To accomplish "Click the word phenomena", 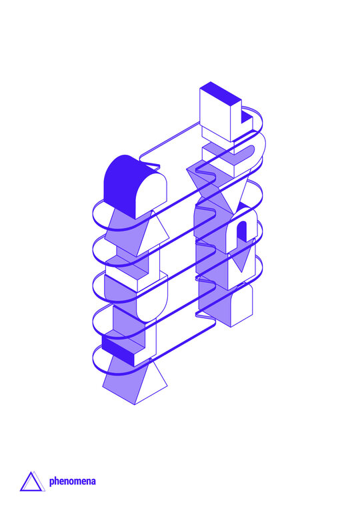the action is click(x=72, y=482).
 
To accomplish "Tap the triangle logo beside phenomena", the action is click(x=32, y=482).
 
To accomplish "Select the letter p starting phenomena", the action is click(x=51, y=482).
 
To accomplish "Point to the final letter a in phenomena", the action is click(x=93, y=482).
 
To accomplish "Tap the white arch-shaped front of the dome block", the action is click(x=151, y=195).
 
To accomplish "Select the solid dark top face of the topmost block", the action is click(x=221, y=91).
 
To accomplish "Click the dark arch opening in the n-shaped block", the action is click(x=242, y=231).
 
